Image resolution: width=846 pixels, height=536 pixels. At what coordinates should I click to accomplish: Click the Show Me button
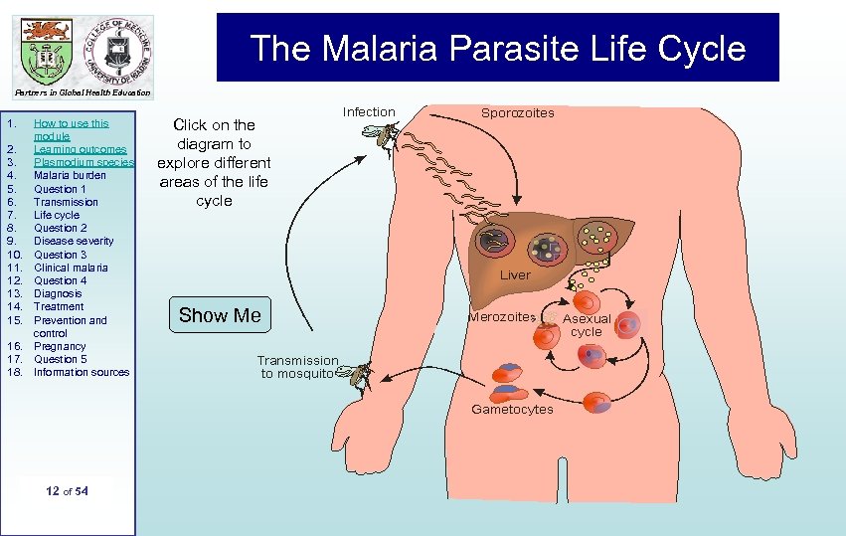pyautogui.click(x=220, y=316)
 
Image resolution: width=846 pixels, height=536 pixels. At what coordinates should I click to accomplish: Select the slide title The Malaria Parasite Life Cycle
pyautogui.click(x=497, y=48)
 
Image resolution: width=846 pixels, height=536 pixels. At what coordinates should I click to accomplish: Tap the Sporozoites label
pyautogui.click(x=517, y=113)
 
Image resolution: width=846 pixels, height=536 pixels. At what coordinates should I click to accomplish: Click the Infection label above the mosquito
pyautogui.click(x=369, y=112)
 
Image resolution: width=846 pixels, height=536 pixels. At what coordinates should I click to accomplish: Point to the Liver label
pyautogui.click(x=515, y=274)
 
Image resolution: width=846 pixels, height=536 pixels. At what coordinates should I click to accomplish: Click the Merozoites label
pyautogui.click(x=502, y=317)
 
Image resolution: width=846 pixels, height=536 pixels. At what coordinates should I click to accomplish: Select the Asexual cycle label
pyautogui.click(x=587, y=325)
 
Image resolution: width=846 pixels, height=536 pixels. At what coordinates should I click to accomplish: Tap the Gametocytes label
pyautogui.click(x=512, y=410)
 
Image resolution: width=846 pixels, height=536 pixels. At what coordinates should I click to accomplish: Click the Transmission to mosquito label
pyautogui.click(x=297, y=367)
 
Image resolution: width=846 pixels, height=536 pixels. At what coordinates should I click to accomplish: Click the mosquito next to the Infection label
pyautogui.click(x=385, y=138)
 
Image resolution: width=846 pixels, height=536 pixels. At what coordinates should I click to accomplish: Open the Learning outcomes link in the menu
pyautogui.click(x=80, y=149)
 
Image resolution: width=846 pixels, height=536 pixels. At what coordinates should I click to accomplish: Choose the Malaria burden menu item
pyautogui.click(x=70, y=175)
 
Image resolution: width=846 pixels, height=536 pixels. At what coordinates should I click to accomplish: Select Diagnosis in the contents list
pyautogui.click(x=58, y=293)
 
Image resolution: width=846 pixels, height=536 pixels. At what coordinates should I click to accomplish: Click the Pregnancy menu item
pyautogui.click(x=60, y=346)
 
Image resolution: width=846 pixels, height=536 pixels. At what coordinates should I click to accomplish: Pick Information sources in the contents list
pyautogui.click(x=82, y=372)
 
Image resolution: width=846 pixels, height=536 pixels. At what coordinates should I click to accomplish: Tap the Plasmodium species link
pyautogui.click(x=84, y=162)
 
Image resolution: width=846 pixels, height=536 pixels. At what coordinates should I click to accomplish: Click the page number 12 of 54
pyautogui.click(x=68, y=491)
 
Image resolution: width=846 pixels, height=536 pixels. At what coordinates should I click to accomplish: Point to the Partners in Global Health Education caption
pyautogui.click(x=84, y=93)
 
